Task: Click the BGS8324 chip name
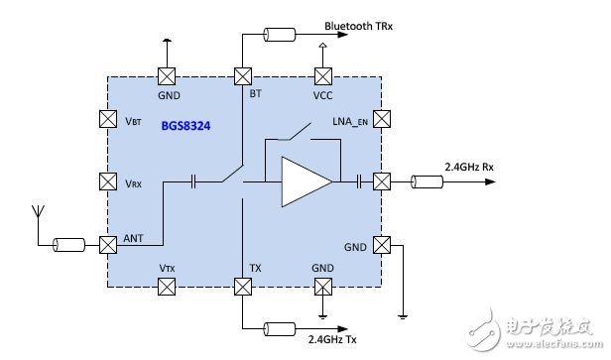185,126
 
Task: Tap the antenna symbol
38,212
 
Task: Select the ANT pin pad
108,245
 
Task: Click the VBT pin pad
108,119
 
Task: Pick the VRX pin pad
108,181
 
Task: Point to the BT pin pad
243,76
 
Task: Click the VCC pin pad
323,76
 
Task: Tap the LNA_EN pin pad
382,119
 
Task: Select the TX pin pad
243,287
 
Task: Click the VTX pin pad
167,287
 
